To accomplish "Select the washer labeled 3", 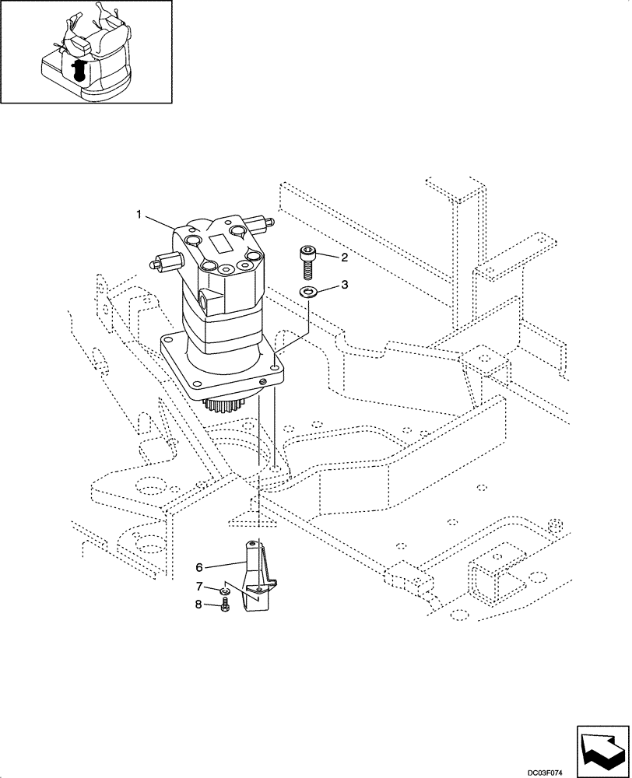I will pyautogui.click(x=308, y=292).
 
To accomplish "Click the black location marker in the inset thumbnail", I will pyautogui.click(x=79, y=71).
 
